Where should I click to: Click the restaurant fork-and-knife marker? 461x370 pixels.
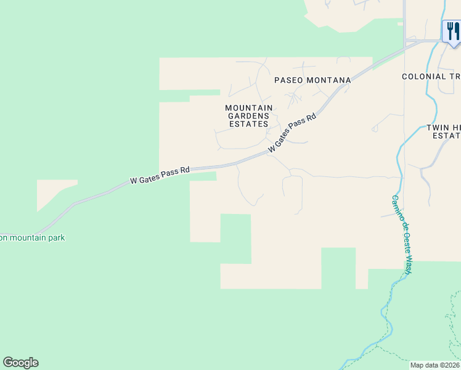[452, 31]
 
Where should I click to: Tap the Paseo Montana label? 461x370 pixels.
[312, 80]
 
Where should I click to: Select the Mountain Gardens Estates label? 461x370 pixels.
[249, 116]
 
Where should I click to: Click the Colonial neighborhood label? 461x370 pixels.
[431, 76]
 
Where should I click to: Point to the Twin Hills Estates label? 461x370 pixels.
[443, 131]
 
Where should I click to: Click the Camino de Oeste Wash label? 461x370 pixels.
[402, 234]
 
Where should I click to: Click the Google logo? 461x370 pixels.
[20, 363]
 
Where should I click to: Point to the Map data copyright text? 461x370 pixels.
[435, 365]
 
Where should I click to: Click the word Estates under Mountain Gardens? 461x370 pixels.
[249, 124]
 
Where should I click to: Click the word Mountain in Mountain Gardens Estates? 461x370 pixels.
[249, 108]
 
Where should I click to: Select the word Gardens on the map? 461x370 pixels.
[249, 116]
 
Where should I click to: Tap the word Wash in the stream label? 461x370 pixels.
[408, 266]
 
